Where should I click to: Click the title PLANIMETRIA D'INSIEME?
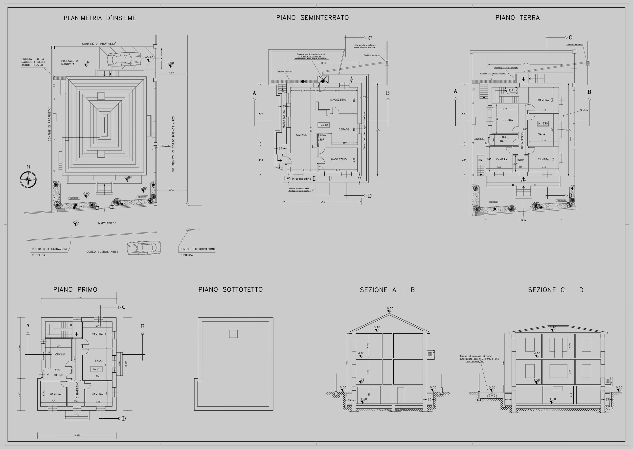click(100, 18)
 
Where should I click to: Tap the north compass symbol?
click(28, 179)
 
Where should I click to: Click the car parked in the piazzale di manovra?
click(124, 59)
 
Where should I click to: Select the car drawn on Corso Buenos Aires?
click(144, 247)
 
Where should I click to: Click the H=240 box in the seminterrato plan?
click(323, 125)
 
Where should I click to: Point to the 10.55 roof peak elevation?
click(389, 309)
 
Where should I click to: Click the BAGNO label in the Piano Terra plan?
click(505, 141)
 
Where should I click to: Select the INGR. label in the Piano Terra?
click(521, 160)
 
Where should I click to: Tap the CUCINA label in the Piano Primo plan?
click(60, 354)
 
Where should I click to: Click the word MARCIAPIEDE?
click(107, 223)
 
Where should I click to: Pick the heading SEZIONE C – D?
click(556, 290)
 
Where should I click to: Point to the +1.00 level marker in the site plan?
click(127, 177)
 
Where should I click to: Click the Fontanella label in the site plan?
click(166, 146)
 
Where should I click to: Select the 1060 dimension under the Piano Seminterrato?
click(322, 202)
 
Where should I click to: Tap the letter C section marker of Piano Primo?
click(124, 307)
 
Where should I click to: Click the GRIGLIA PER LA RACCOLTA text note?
click(33, 62)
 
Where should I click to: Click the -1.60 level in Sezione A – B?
click(362, 399)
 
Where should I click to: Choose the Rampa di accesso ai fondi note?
click(479, 359)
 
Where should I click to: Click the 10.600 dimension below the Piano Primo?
click(77, 435)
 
